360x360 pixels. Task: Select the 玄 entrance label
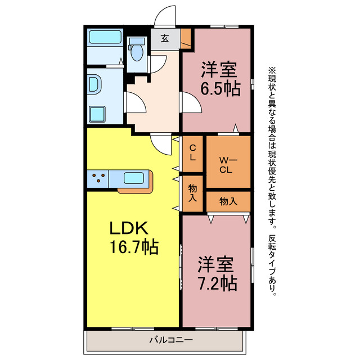[165, 38]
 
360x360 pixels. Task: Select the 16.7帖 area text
[134, 246]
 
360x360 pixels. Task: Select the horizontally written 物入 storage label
[227, 201]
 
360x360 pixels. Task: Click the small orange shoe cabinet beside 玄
[186, 38]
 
